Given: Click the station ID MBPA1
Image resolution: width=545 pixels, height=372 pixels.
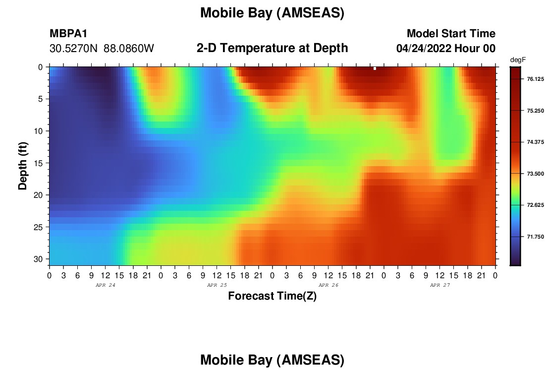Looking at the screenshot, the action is point(68,33).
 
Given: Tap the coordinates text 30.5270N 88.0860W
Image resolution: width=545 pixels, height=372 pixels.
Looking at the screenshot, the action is point(102,49).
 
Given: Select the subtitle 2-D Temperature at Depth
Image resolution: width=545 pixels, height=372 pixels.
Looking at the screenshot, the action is point(272,48).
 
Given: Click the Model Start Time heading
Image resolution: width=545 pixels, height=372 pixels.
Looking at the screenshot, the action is point(451,33).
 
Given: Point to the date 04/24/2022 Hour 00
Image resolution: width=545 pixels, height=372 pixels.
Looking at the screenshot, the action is point(446,49).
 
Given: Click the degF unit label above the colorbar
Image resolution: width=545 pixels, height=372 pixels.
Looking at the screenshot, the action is point(518,60).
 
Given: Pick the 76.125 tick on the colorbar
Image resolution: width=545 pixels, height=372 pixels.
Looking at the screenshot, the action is point(535,79).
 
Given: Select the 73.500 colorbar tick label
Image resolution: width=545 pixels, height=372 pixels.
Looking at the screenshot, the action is point(535,174).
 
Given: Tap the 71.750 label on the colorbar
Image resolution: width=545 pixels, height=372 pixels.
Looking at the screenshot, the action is point(535,237).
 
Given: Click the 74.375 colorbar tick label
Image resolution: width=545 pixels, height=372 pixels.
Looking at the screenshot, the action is point(535,142).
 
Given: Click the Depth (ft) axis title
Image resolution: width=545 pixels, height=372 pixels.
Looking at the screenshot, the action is point(22,166).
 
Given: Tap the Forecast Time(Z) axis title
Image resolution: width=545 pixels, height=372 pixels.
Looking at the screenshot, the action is point(272,296).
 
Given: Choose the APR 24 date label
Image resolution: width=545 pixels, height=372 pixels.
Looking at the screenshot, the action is point(106,285).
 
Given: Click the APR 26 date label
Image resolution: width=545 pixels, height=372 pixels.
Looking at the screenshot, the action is point(328,285).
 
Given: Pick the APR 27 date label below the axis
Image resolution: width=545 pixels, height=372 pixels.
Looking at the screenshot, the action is point(439,285).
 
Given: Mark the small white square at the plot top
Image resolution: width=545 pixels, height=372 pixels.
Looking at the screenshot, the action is point(375,68).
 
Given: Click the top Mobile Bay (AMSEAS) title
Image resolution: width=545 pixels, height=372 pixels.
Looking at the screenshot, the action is point(272,13).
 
